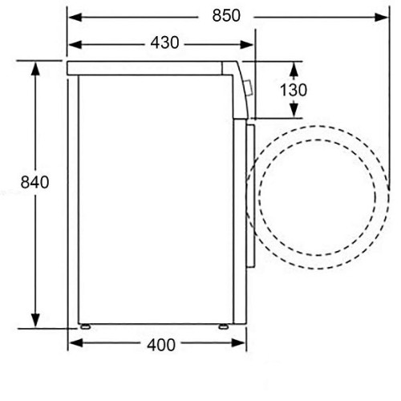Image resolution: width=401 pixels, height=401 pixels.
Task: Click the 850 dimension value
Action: (226, 15)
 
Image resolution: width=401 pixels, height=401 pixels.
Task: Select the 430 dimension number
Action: (164, 43)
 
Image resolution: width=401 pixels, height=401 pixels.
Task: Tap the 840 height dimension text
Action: (34, 182)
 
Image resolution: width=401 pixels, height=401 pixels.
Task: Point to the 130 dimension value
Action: (294, 90)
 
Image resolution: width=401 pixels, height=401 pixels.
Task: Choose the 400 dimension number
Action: (161, 345)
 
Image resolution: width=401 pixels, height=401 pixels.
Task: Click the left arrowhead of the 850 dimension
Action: (75, 18)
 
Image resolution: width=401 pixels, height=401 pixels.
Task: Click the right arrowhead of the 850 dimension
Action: (381, 18)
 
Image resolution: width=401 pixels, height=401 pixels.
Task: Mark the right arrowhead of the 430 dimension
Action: (246, 45)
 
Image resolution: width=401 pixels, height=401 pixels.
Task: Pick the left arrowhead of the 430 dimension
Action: (75, 45)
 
